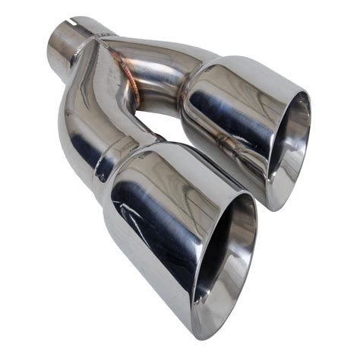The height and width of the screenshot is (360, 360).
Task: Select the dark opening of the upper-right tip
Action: coord(292,152)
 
